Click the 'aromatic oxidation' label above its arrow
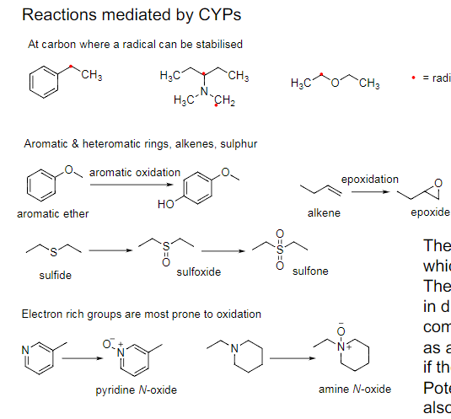coord(134,172)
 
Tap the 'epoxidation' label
coord(369,180)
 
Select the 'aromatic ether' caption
coord(53,213)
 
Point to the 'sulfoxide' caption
coord(199,272)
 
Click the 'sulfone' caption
coord(310,271)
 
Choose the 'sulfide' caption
coord(56,276)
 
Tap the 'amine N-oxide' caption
coord(355,389)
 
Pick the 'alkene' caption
coord(324,213)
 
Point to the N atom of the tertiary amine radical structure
coord(203,90)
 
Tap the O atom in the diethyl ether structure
coord(336,81)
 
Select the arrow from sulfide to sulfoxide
coord(107,250)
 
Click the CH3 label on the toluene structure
coord(92,76)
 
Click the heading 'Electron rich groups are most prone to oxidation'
coord(141,314)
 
